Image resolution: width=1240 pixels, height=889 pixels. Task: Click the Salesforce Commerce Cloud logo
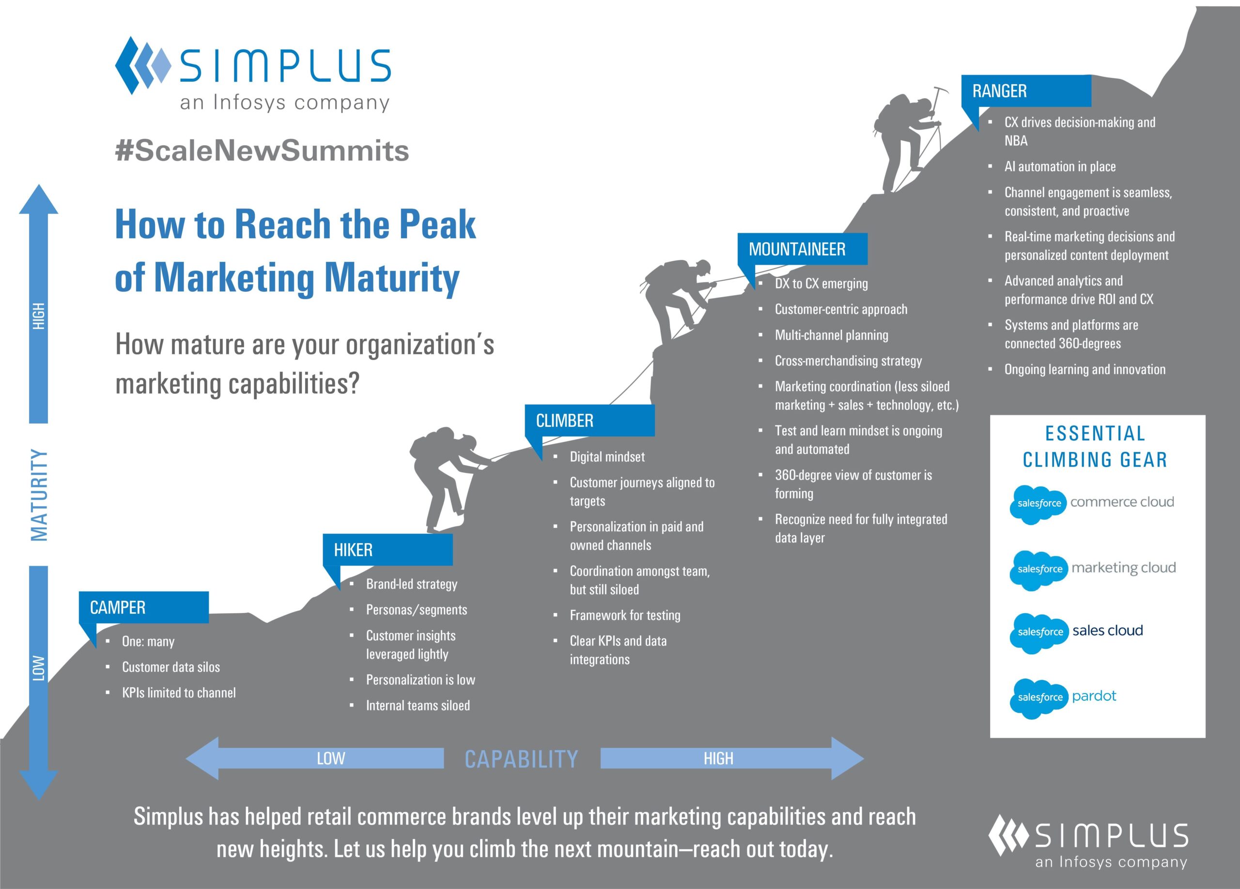point(1091,503)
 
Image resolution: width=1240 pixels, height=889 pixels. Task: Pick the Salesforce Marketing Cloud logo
point(1092,569)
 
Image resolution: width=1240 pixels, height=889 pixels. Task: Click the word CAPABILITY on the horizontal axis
point(521,759)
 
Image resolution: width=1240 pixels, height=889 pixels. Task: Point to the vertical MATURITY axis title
point(39,495)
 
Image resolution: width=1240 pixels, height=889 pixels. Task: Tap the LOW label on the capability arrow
point(331,758)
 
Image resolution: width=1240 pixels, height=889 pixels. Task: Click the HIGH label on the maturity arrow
point(38,316)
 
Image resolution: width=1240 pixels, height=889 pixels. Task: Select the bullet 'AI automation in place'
point(1060,166)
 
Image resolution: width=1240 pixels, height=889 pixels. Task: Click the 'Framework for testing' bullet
point(625,615)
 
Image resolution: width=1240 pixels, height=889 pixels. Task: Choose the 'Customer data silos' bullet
point(170,667)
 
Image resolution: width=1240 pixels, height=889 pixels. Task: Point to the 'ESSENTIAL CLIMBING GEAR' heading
point(1095,446)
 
